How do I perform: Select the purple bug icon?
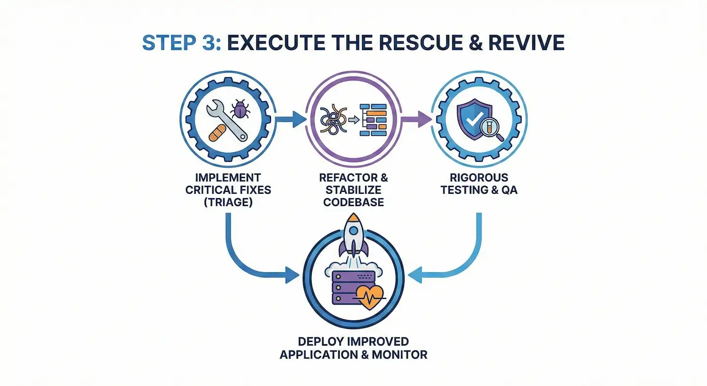tap(240, 109)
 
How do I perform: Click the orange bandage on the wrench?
tap(218, 133)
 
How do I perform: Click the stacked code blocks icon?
tap(374, 120)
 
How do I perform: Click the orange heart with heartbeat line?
tap(369, 297)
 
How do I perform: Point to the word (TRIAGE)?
tap(228, 201)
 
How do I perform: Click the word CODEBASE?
tap(353, 201)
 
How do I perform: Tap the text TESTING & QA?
tap(479, 189)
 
